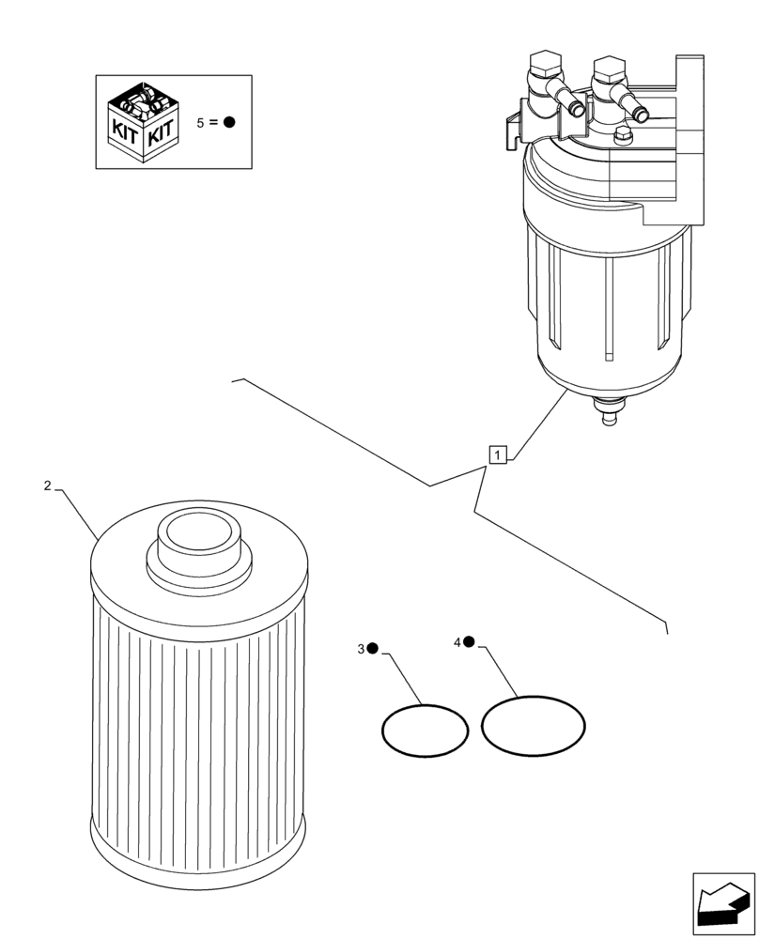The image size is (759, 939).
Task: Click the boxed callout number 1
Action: pos(498,454)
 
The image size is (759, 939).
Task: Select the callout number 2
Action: pos(47,485)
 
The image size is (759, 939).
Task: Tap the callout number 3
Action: pos(361,649)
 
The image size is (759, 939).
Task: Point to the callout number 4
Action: pos(457,642)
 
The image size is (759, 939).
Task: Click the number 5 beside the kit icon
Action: pos(200,123)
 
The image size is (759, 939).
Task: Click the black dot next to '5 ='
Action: pos(228,122)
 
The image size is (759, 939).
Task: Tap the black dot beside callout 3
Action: pos(372,648)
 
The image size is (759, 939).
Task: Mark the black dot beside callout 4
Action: pos(469,641)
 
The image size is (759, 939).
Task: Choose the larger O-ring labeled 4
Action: pos(533,724)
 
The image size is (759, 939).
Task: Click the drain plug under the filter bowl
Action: pos(608,413)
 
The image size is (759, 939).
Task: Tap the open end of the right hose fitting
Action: pos(642,115)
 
